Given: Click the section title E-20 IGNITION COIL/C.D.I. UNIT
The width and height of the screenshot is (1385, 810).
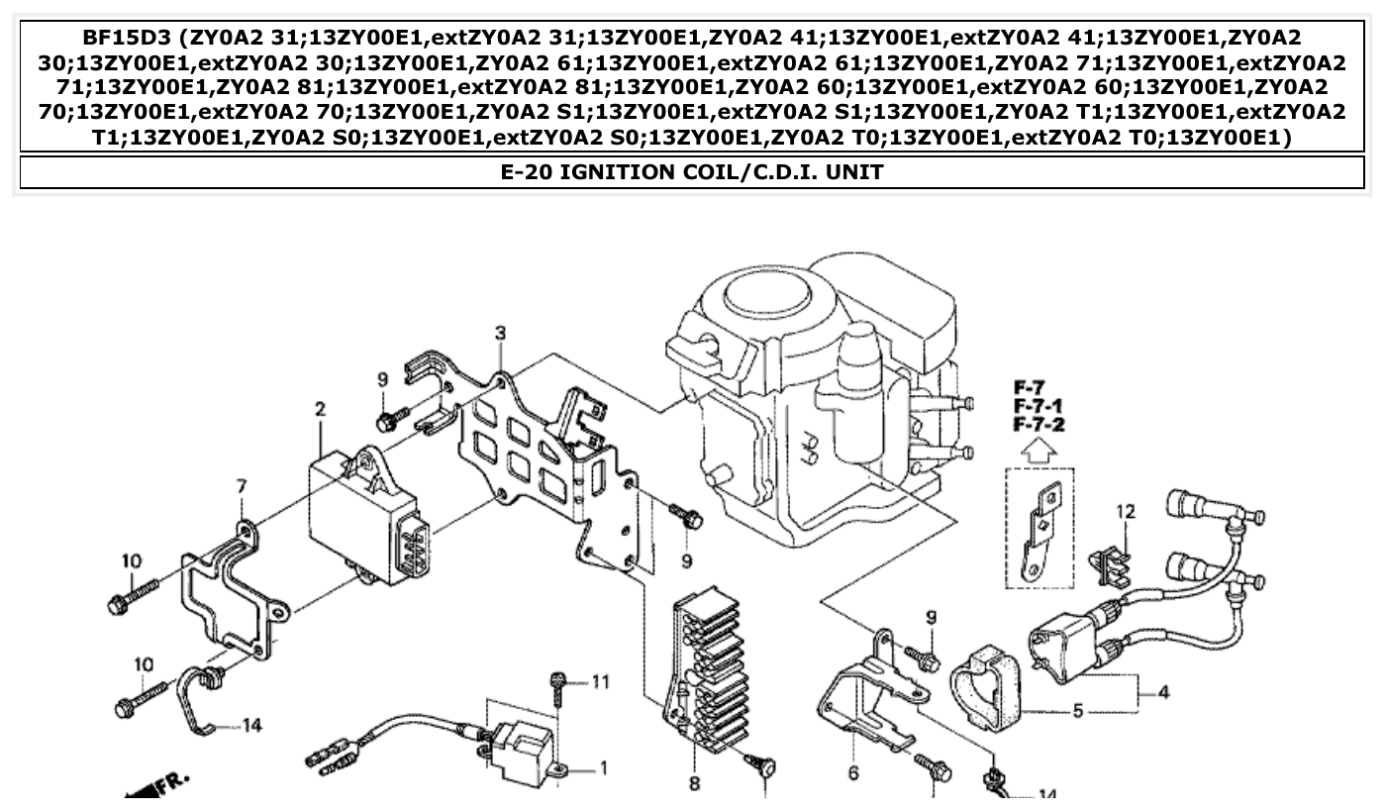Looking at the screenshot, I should [691, 172].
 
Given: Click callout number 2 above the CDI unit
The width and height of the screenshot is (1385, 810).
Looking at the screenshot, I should [321, 408].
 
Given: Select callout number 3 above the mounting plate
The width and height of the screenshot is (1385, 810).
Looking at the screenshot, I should [501, 333].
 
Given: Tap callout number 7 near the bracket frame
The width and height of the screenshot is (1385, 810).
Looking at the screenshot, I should [241, 486].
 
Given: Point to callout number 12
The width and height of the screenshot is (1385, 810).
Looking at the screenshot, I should [1126, 511].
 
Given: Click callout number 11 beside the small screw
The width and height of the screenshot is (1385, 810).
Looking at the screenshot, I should [601, 681].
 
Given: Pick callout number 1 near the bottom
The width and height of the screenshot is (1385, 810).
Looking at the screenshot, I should [604, 767].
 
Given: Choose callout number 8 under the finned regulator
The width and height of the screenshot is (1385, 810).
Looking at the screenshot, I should [694, 784].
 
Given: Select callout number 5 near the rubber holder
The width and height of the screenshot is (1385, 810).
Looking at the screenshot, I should [1078, 710].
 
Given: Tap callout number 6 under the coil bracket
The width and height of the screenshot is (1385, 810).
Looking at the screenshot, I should [853, 773].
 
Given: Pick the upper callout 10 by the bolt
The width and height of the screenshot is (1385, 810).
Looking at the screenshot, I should [132, 561].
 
